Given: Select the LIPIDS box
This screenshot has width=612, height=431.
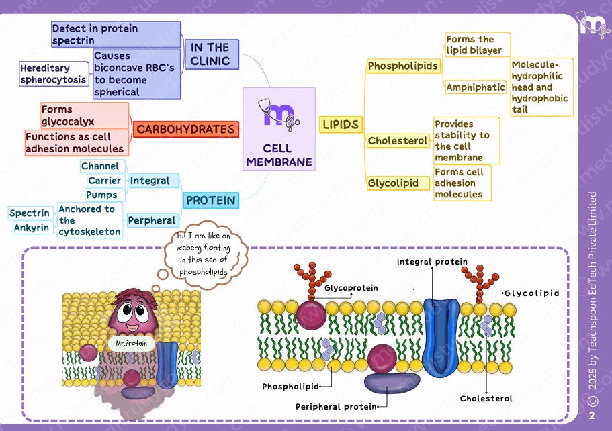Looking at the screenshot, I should [341, 124].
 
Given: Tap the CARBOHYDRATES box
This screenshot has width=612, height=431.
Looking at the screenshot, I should [185, 129].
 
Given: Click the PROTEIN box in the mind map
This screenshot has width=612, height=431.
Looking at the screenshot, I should [210, 200].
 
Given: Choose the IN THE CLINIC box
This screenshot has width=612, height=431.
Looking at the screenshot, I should [210, 54].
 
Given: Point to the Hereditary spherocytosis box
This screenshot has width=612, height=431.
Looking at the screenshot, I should [54, 74].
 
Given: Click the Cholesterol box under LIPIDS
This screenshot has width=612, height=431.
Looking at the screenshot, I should [398, 141].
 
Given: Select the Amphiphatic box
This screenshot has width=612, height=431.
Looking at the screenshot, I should [475, 87].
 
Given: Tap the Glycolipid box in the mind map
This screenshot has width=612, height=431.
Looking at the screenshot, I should [393, 183].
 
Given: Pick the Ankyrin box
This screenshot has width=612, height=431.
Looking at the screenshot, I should [32, 228].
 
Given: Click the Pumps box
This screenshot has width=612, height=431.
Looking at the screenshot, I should [101, 195].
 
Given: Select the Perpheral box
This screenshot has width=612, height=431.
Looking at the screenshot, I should [152, 220].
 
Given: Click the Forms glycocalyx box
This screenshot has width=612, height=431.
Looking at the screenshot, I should [85, 115].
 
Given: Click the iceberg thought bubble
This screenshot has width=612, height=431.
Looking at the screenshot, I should [204, 254].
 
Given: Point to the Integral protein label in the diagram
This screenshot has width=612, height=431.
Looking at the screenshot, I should [432, 261].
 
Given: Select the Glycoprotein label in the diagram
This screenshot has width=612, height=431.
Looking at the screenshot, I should [351, 288].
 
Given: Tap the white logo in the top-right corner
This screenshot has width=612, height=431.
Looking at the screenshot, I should [593, 26].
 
